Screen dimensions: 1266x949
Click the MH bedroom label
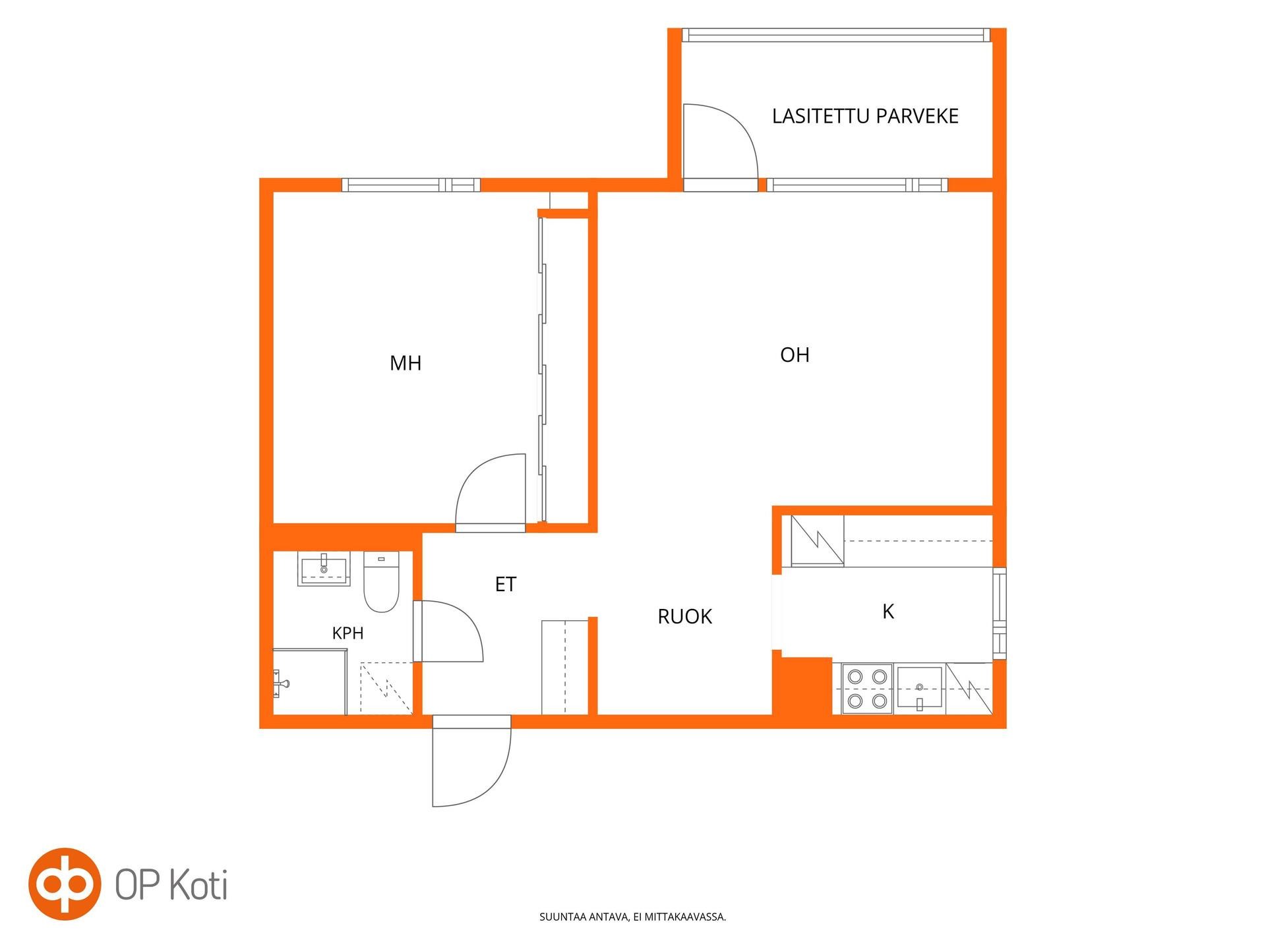[x=406, y=363]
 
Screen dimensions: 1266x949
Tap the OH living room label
[x=795, y=355]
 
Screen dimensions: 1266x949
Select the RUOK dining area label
[x=685, y=617]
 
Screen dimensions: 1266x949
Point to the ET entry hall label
[x=506, y=585]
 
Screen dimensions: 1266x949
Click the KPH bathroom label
[x=347, y=633]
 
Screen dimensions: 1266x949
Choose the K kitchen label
[x=888, y=612]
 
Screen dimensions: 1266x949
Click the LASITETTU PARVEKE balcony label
[x=865, y=116]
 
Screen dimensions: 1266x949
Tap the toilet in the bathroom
[x=381, y=581]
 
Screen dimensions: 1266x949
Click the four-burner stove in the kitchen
[x=867, y=689]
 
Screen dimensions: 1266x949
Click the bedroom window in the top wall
[x=411, y=185]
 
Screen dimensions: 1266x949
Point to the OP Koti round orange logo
[x=65, y=884]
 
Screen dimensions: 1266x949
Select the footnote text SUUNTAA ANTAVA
[x=584, y=917]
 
